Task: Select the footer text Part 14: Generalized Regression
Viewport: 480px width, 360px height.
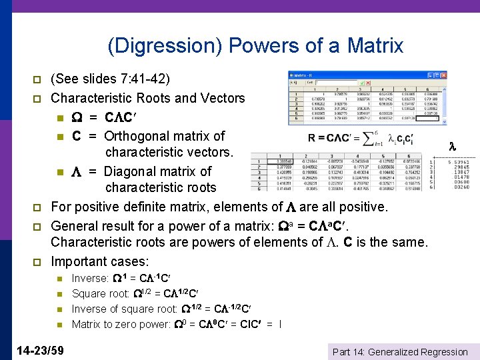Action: (x=400, y=352)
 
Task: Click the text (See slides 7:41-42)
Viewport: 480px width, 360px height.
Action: (x=110, y=79)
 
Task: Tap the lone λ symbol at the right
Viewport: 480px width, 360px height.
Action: (x=451, y=145)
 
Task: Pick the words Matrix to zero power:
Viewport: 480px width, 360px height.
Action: (x=121, y=325)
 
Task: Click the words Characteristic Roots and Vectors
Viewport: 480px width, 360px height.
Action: (x=148, y=98)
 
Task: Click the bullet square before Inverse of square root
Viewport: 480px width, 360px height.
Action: (x=59, y=309)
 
